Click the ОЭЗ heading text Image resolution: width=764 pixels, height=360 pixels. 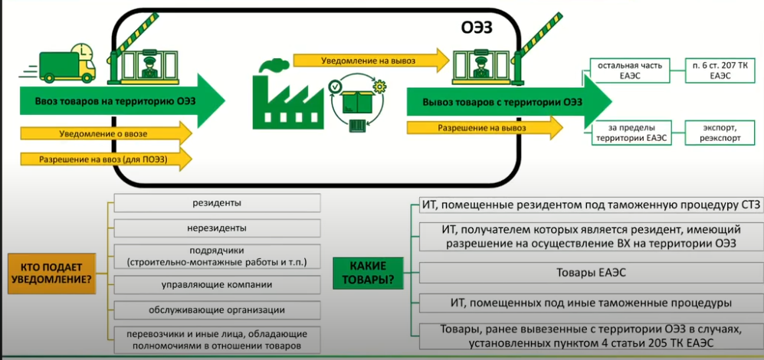477,28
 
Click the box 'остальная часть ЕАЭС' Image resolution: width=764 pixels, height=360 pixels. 628,70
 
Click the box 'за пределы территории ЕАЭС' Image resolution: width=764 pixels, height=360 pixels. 628,133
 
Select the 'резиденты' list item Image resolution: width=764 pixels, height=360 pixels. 217,203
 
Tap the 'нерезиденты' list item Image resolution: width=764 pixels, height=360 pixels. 217,227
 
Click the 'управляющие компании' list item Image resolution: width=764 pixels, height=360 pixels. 217,285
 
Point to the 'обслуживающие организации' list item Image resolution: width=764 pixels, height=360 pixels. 217,309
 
